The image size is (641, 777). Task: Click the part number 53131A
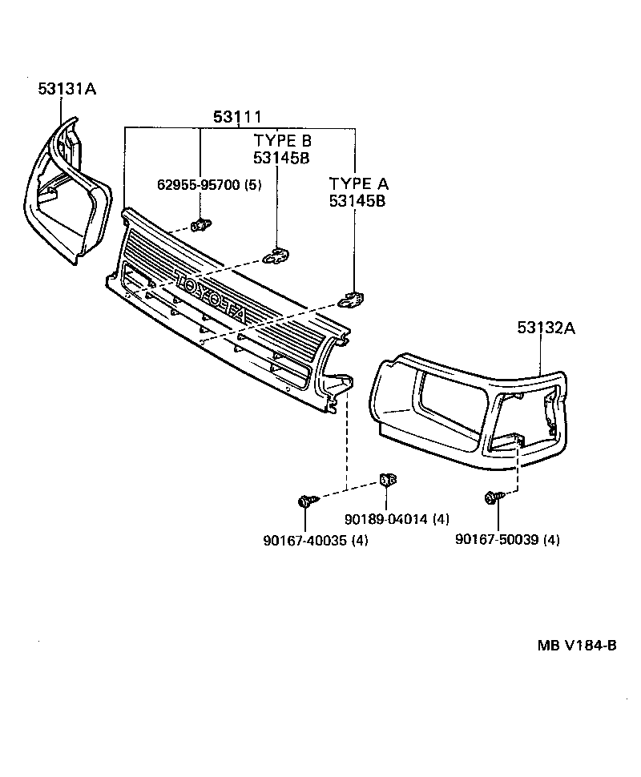tap(67, 90)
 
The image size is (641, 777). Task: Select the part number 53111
tap(237, 118)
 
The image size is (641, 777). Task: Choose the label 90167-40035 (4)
tap(316, 540)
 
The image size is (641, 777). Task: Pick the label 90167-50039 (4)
tap(507, 540)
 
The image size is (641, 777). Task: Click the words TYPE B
tap(281, 141)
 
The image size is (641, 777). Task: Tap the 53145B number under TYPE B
tap(281, 158)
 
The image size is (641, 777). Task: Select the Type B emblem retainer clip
tap(276, 256)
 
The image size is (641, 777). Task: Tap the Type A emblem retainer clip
tap(350, 299)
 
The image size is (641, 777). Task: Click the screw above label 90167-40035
tap(306, 501)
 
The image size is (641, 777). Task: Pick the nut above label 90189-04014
tap(388, 481)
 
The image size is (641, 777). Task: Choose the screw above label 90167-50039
tap(492, 498)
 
